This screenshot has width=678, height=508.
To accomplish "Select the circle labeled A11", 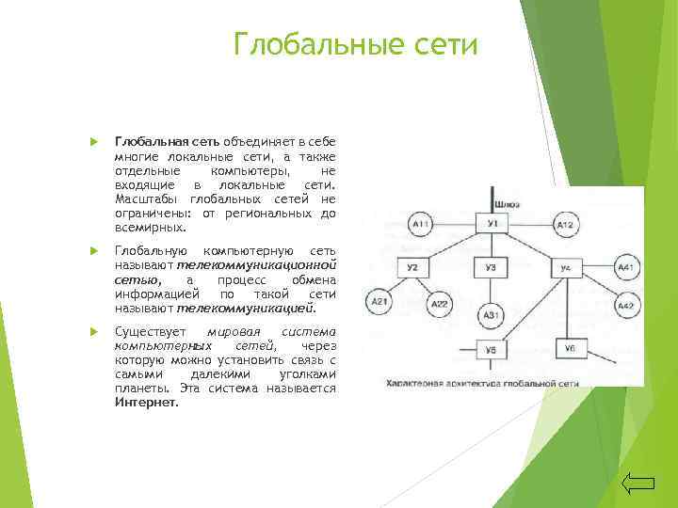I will [x=421, y=226].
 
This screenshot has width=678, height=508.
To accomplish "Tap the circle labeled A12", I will [x=565, y=226].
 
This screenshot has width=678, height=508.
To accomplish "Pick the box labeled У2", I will [x=412, y=269].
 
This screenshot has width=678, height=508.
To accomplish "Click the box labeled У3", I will [x=491, y=269].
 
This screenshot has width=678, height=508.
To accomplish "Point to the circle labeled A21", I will [x=379, y=301].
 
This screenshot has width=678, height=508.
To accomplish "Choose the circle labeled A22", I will [x=440, y=304].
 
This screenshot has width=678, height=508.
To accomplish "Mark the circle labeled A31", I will [x=491, y=314].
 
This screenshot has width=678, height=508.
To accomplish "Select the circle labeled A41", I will [x=624, y=269].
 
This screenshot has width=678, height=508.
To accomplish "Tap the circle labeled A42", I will [x=624, y=306].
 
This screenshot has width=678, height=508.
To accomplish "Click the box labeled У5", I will [x=491, y=350].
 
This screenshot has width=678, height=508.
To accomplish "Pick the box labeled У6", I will [x=569, y=349].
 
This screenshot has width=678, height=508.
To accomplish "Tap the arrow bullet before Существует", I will [x=93, y=333].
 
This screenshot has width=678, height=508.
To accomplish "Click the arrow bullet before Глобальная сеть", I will [x=93, y=141].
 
